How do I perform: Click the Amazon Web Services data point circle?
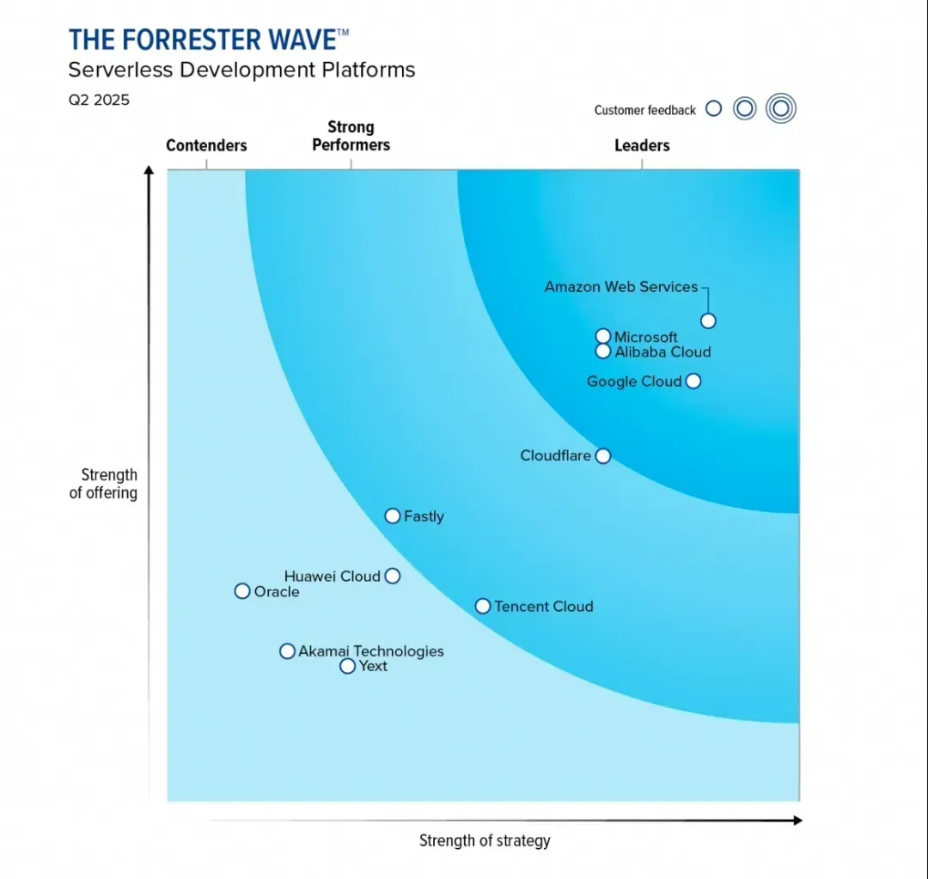[x=708, y=321]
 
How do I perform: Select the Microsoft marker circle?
[x=603, y=336]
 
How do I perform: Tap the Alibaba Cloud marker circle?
[x=603, y=351]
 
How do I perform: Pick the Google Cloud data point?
[x=693, y=381]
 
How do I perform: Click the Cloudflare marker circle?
[x=603, y=455]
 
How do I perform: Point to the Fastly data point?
[x=392, y=516]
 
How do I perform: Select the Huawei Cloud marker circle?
[x=392, y=576]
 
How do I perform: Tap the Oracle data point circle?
[x=242, y=591]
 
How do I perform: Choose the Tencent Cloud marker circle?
[x=483, y=606]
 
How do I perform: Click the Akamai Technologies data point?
[x=287, y=651]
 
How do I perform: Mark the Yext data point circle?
[x=347, y=666]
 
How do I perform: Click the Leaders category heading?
[x=642, y=146]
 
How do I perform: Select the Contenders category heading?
[x=206, y=146]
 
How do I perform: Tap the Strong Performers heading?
[x=351, y=137]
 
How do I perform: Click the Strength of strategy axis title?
[x=485, y=840]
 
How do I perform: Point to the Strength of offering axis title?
[x=104, y=484]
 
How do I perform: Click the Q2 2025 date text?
[x=100, y=100]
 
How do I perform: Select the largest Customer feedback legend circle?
[x=781, y=109]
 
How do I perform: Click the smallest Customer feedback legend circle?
[x=713, y=109]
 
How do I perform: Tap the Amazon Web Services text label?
[x=621, y=287]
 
